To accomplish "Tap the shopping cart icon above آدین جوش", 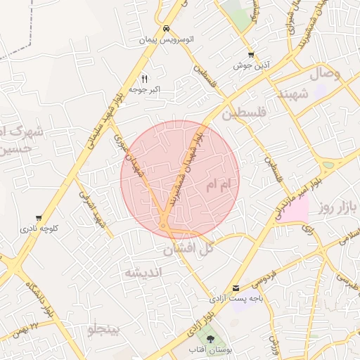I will click(251, 55).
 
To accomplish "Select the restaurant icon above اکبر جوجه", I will click(144, 78).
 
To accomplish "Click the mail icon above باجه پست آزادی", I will click(236, 288).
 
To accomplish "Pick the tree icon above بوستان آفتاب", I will click(210, 338).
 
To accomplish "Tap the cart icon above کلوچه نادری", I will click(38, 218).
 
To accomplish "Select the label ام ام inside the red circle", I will click(219, 187).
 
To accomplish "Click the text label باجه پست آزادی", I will click(236, 299).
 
